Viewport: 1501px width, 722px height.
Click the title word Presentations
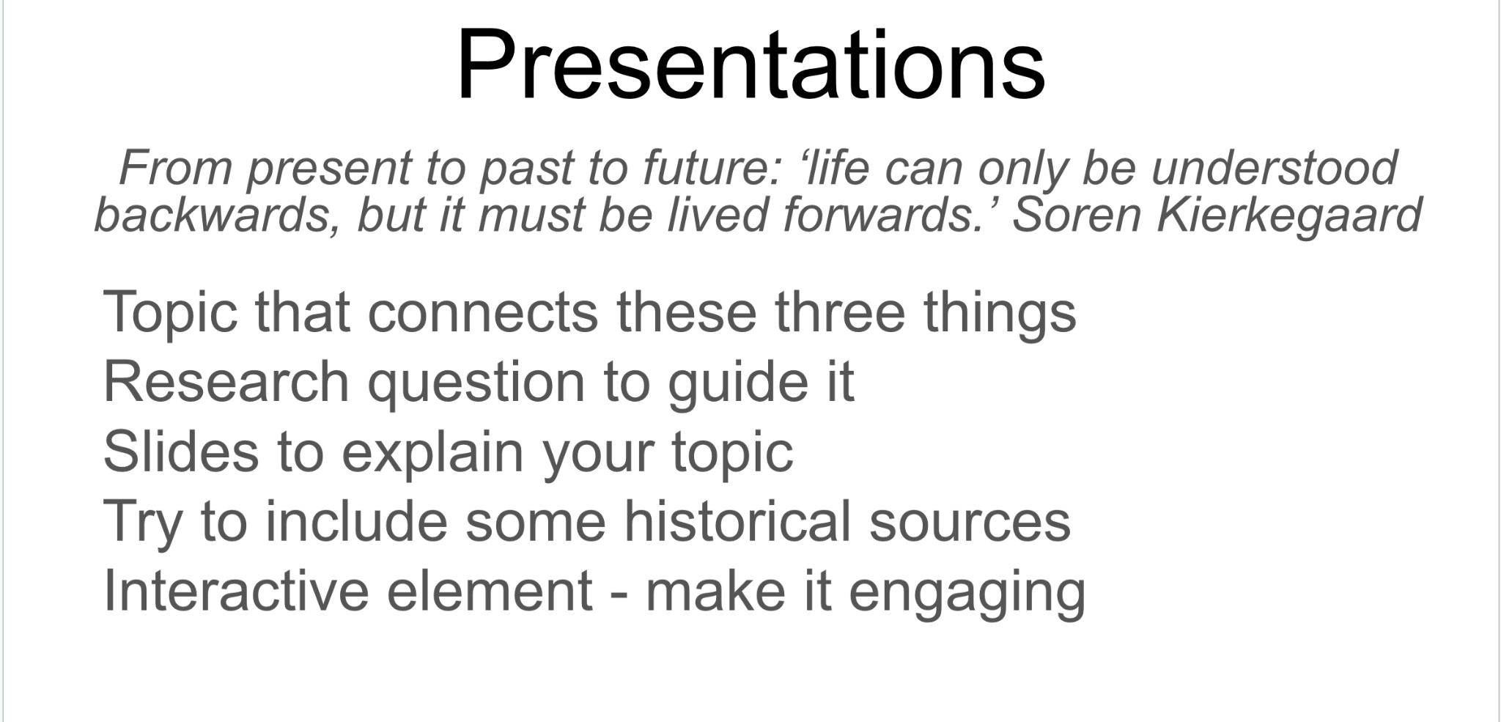(x=750, y=65)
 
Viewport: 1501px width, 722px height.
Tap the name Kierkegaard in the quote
(x=1289, y=216)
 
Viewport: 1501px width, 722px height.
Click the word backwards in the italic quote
(x=218, y=216)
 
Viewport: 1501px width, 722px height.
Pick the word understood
(x=1275, y=168)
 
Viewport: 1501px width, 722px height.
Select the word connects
(x=482, y=312)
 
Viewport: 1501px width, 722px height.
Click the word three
(x=840, y=311)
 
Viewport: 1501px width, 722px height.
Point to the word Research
(x=226, y=381)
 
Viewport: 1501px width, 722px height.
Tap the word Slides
(x=181, y=451)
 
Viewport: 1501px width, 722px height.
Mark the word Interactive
(x=236, y=590)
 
